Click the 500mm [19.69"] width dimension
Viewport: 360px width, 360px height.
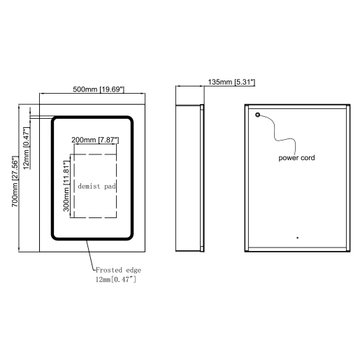tap(99, 89)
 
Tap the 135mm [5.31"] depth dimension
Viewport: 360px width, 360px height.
tap(231, 82)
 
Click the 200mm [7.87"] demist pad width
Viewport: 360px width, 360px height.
tap(95, 141)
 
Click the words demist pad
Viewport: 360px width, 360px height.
tap(96, 187)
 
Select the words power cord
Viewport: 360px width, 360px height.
tap(297, 158)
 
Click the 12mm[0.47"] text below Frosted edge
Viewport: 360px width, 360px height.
tap(115, 280)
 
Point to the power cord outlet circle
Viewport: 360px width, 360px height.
tap(258, 115)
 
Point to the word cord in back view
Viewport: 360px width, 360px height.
tap(307, 158)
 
